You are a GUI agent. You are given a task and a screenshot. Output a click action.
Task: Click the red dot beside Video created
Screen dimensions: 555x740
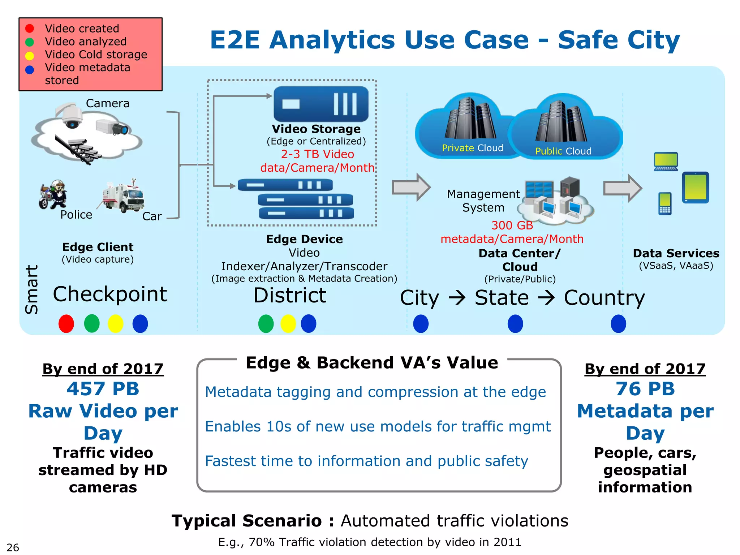[x=30, y=29]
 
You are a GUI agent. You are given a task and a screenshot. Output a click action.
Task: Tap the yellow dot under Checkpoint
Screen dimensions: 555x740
[x=116, y=323]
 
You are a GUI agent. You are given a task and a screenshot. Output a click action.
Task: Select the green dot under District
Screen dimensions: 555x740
[x=266, y=323]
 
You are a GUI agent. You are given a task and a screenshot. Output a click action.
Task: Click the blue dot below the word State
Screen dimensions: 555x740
[x=515, y=323]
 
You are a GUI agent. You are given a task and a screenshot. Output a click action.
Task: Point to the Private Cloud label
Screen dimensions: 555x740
[x=472, y=148]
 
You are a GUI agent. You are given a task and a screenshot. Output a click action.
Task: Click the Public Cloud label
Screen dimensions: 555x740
[x=563, y=151]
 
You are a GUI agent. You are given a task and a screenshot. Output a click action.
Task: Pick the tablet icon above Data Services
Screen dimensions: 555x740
[x=695, y=188]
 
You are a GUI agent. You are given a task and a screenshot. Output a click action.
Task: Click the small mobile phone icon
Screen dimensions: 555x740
[x=665, y=203]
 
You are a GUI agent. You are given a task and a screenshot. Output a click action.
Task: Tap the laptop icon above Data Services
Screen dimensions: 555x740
[x=666, y=162]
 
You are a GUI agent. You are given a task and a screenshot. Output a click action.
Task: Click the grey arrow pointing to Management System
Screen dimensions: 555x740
[x=411, y=187]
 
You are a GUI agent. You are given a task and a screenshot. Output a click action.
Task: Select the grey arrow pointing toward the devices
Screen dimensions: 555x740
[x=622, y=188]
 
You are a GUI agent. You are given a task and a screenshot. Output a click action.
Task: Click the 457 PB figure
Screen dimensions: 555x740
[x=103, y=389]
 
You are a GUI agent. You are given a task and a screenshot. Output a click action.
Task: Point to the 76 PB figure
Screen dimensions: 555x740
[x=645, y=389]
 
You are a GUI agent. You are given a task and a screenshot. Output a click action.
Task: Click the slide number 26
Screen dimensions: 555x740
[x=13, y=547]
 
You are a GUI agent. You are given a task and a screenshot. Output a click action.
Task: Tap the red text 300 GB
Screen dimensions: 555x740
[x=512, y=225]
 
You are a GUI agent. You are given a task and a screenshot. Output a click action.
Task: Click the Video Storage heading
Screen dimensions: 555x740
[x=316, y=129]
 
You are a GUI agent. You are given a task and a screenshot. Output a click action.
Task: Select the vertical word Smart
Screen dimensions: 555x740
[x=32, y=289]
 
